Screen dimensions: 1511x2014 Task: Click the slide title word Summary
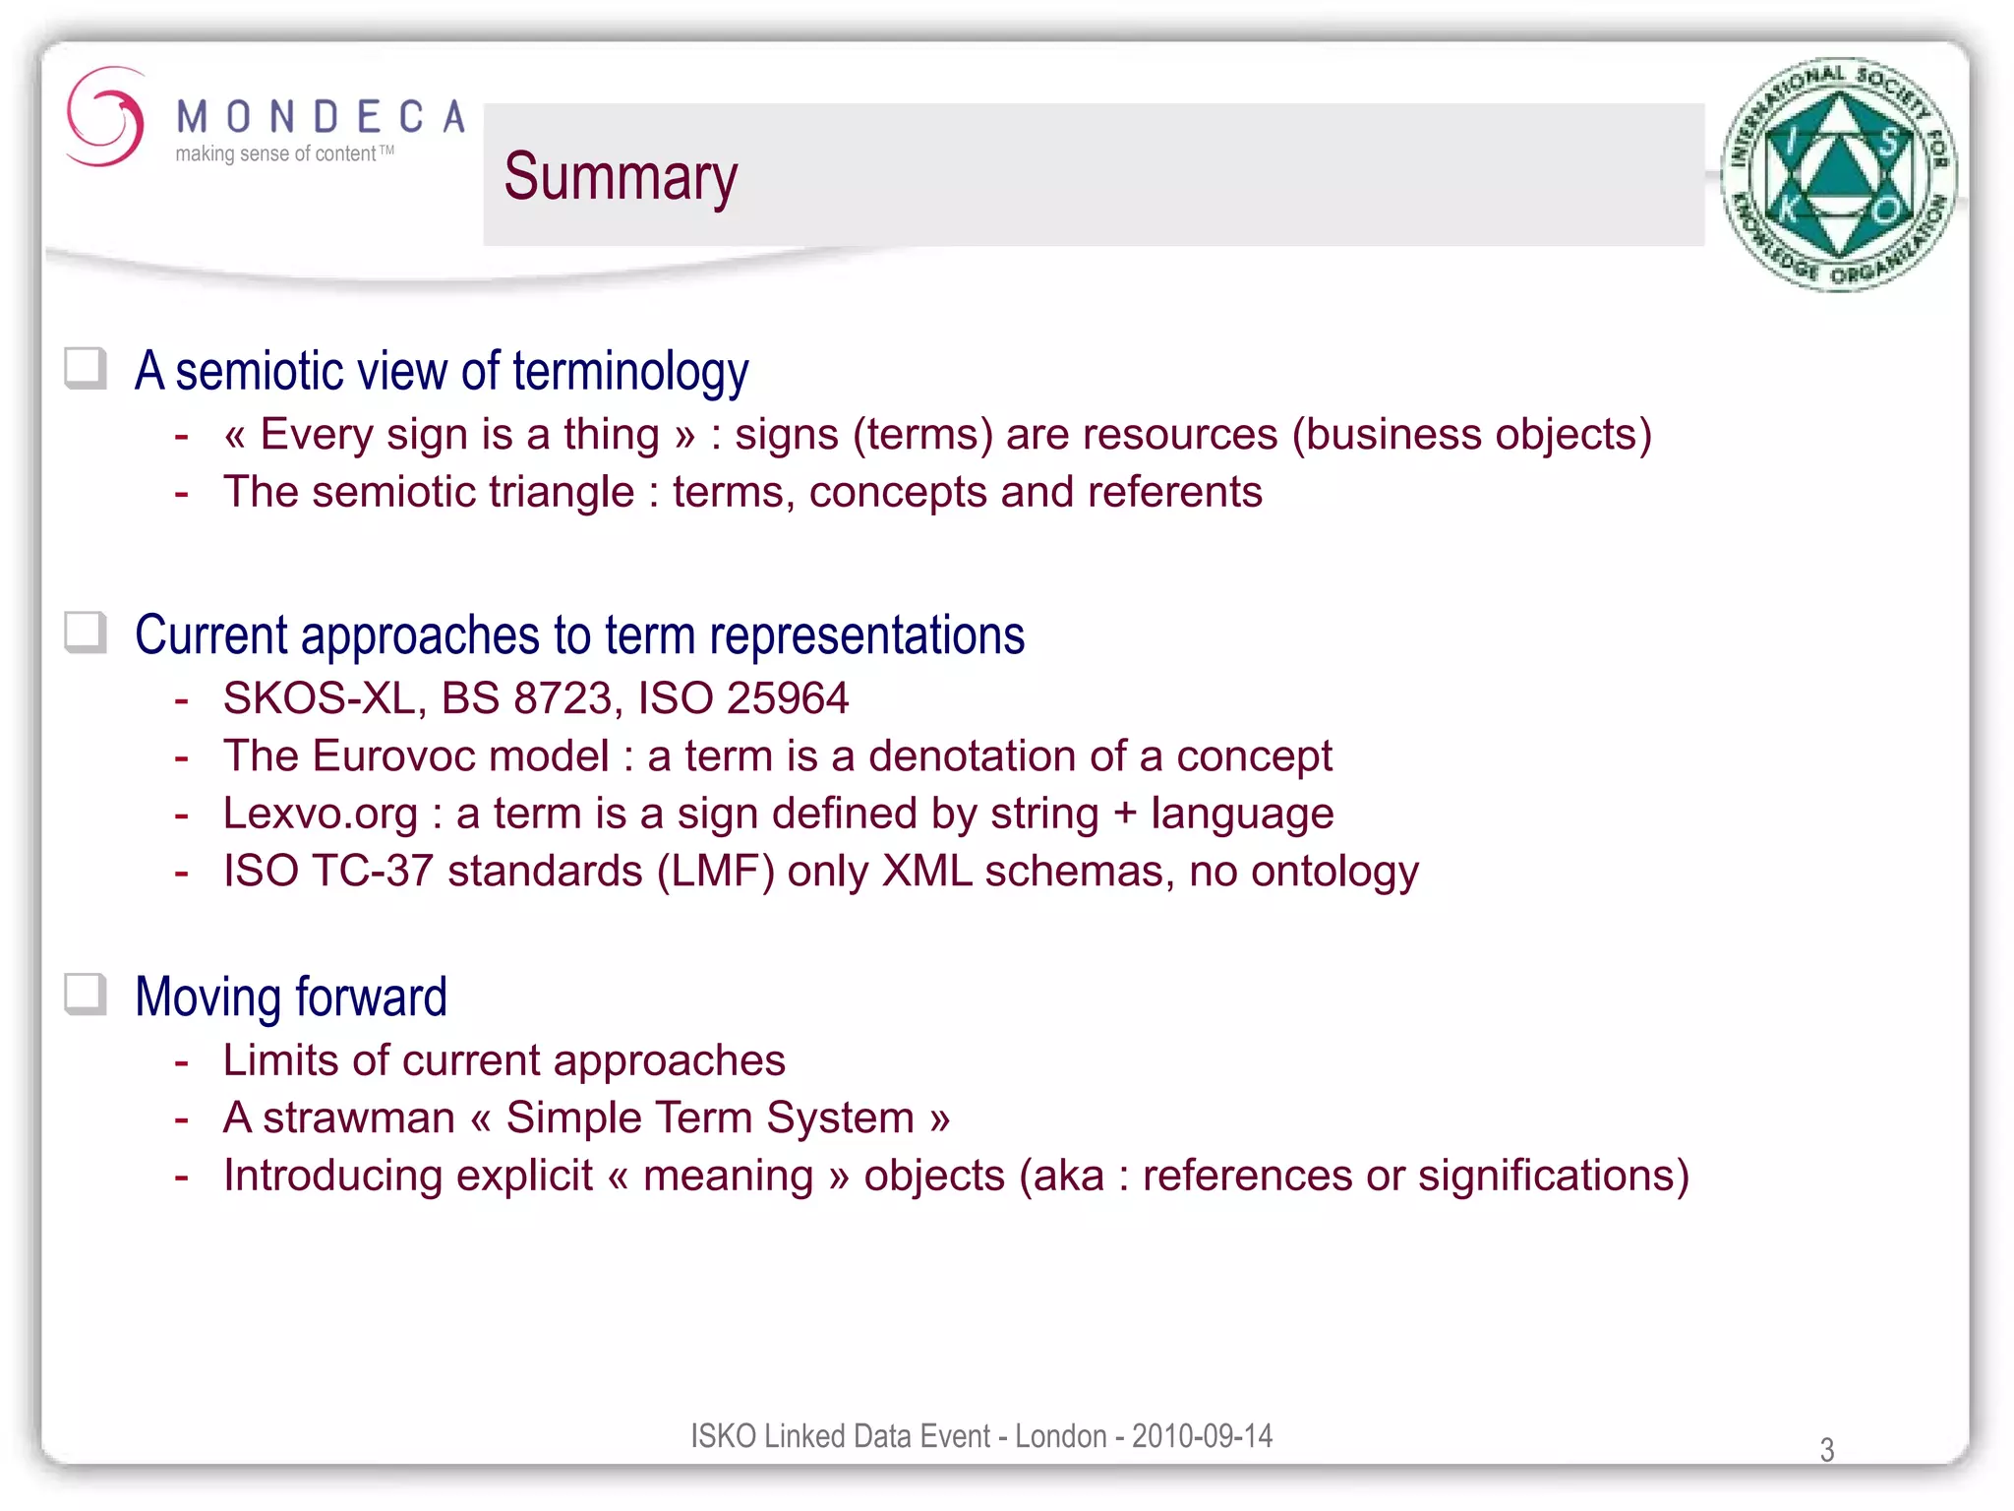click(621, 177)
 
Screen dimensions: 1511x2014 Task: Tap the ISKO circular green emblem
click(1838, 175)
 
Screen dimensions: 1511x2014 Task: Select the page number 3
click(1826, 1449)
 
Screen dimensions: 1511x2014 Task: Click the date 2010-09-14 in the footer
click(1202, 1435)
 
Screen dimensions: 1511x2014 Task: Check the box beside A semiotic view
click(86, 369)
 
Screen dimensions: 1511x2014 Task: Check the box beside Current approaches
click(86, 633)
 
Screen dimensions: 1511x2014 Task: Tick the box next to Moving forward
click(86, 995)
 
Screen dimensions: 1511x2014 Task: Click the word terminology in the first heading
click(630, 372)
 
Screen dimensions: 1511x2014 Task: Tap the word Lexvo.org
click(321, 815)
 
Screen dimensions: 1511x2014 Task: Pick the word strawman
click(359, 1118)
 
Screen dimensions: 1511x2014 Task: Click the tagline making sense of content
click(276, 154)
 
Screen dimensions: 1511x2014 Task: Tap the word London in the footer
click(1060, 1435)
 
